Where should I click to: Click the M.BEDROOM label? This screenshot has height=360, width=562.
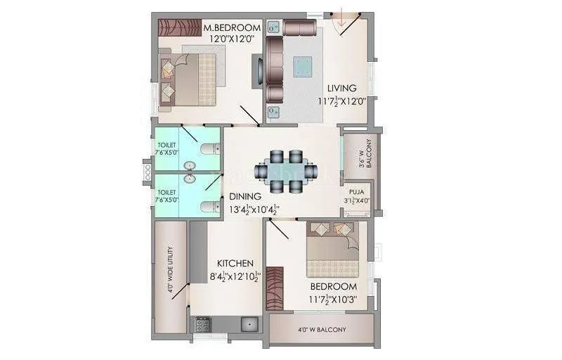tap(232, 27)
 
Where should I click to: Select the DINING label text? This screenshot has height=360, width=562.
tap(244, 196)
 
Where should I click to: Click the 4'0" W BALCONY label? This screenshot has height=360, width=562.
tap(321, 329)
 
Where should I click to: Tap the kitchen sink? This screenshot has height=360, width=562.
tap(248, 324)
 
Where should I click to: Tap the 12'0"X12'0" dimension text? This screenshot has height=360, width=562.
tap(232, 39)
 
